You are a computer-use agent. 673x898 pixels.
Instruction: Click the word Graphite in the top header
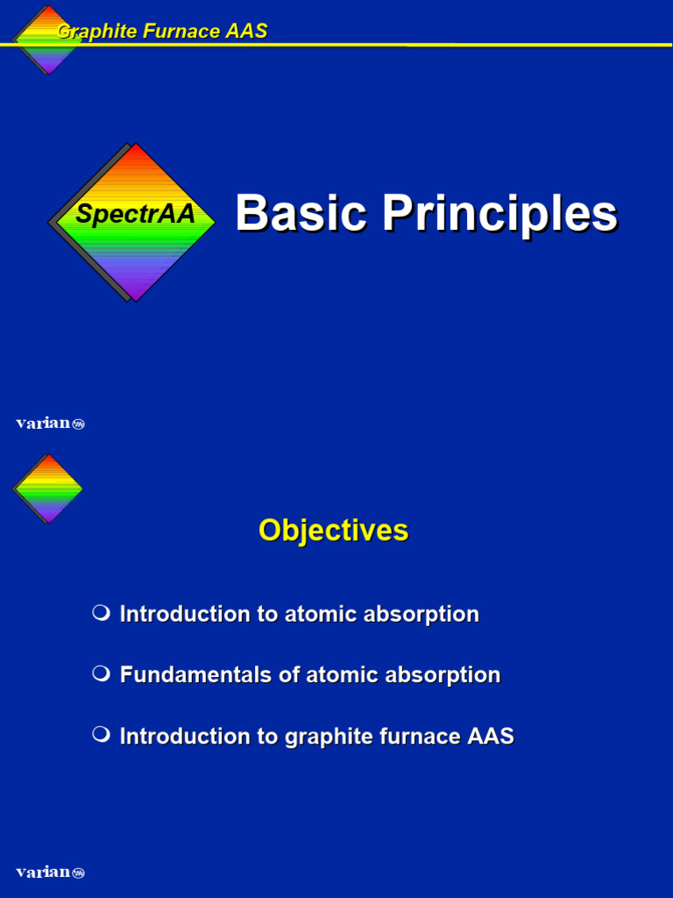pos(90,32)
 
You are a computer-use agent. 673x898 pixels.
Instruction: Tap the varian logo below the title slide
pos(50,424)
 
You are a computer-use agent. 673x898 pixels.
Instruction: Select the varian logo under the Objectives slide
pos(50,873)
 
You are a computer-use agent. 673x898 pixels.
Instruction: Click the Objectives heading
pos(333,531)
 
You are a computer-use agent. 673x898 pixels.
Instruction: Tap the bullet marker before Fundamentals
pos(101,673)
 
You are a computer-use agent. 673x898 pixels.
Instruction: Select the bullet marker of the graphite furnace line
pos(101,735)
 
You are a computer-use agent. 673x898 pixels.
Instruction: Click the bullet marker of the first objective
pos(101,612)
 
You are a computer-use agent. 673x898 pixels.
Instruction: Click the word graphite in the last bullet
pos(323,738)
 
